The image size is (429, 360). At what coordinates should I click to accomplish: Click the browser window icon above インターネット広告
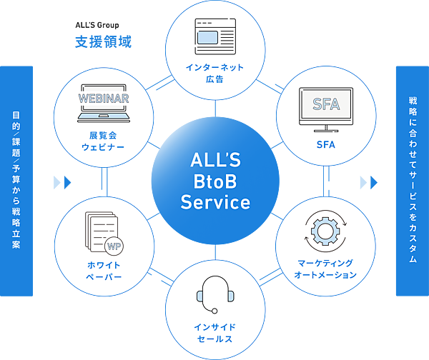214,34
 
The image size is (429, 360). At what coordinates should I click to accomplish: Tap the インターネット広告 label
214,73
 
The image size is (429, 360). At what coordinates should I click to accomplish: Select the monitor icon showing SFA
326,108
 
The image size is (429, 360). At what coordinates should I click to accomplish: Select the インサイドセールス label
214,332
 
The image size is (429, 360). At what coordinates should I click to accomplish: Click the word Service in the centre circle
214,203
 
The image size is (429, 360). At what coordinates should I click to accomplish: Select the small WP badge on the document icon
113,245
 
